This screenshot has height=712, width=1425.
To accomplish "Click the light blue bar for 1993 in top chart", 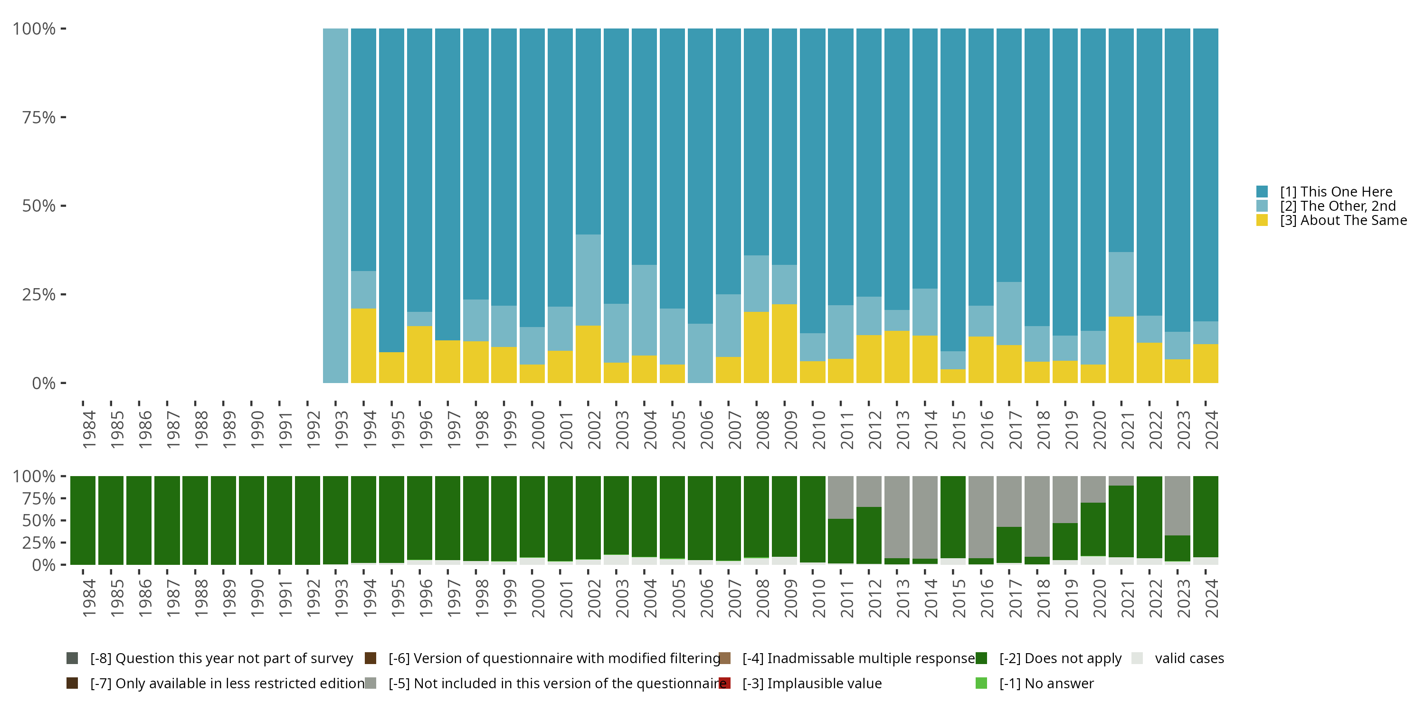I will click(335, 206).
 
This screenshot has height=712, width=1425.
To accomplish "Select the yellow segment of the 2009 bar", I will click(784, 343).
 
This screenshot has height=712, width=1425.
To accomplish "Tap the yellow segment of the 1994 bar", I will click(363, 346).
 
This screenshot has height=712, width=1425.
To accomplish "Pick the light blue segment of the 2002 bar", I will click(588, 280).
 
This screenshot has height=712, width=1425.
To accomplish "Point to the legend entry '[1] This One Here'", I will click(1335, 192).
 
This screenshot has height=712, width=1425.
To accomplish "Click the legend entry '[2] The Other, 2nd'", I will click(1337, 206).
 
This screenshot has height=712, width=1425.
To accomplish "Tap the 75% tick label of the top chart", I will click(39, 117).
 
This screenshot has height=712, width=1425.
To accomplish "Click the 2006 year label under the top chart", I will click(706, 430).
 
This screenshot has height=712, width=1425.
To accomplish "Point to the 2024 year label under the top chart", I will click(1211, 430).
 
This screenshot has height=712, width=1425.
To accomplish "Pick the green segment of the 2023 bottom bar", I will click(1177, 548).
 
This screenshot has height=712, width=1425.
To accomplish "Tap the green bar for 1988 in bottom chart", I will click(195, 520).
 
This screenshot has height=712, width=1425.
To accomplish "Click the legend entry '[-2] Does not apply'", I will click(1060, 658).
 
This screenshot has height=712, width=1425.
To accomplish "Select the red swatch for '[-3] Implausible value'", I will click(725, 683).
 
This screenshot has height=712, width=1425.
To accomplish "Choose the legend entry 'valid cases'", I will click(1189, 658).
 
